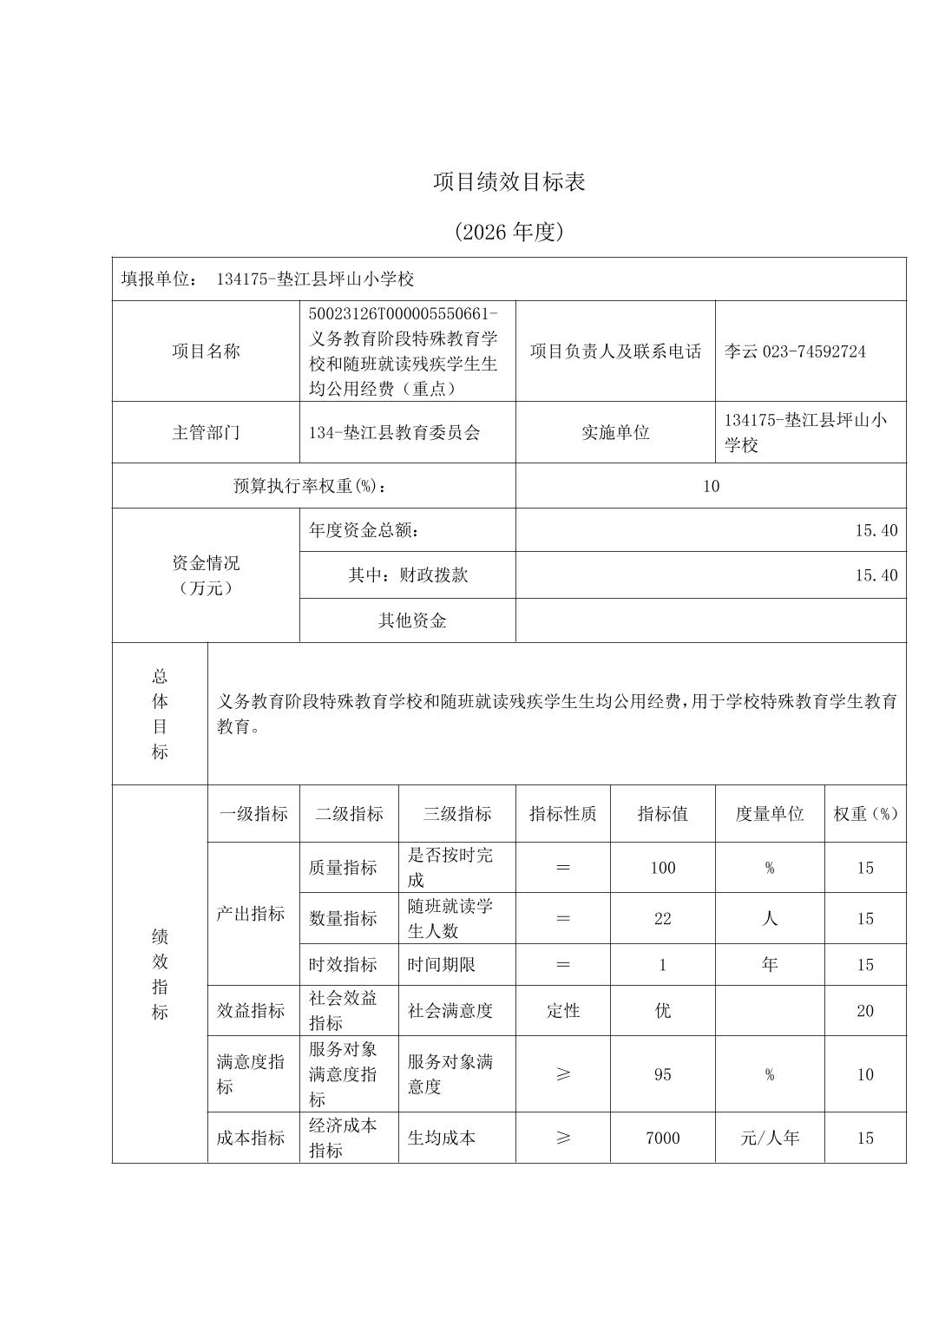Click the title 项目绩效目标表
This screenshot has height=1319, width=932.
click(509, 181)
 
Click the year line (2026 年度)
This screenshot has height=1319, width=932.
click(509, 232)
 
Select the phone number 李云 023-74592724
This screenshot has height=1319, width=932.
click(795, 351)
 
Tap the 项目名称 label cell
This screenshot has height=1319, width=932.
click(206, 351)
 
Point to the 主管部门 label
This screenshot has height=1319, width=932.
click(206, 432)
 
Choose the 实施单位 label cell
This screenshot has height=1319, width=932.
click(615, 432)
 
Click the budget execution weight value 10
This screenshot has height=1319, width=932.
click(711, 486)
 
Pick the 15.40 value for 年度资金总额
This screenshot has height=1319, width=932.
click(876, 530)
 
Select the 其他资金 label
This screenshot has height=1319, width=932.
click(412, 620)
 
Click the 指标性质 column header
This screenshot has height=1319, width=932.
click(563, 814)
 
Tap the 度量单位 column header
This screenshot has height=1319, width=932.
click(770, 814)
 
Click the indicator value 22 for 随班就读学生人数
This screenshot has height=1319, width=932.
click(663, 919)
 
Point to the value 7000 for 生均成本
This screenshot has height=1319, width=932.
click(663, 1138)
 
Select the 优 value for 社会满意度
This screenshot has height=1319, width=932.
click(663, 1011)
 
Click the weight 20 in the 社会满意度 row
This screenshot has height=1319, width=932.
click(865, 1011)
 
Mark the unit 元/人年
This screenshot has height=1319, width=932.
click(770, 1138)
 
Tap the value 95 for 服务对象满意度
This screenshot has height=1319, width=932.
click(663, 1074)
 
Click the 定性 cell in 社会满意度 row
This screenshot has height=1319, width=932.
click(563, 1011)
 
